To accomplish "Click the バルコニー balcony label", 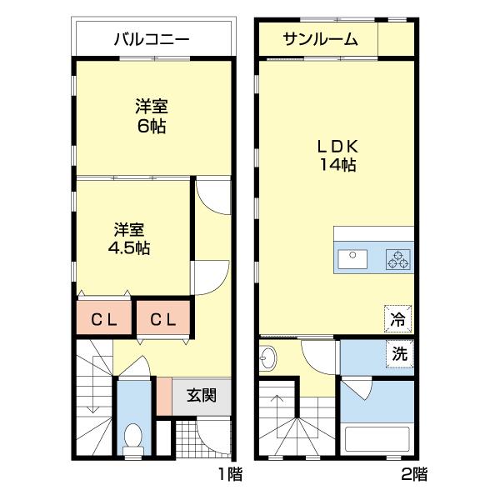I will pyautogui.click(x=152, y=38).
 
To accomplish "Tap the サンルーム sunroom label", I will pyautogui.click(x=320, y=38).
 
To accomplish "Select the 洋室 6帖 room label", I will pyautogui.click(x=152, y=116).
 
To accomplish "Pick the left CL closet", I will pyautogui.click(x=103, y=318).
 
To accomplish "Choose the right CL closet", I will pyautogui.click(x=163, y=318).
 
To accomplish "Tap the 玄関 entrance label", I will pyautogui.click(x=201, y=395).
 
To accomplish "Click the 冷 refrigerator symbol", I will pyautogui.click(x=398, y=318).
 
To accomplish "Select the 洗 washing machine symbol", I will pyautogui.click(x=400, y=353).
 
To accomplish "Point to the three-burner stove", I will pyautogui.click(x=398, y=259).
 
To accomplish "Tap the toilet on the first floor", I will pyautogui.click(x=132, y=436).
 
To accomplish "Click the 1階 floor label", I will pyautogui.click(x=230, y=475).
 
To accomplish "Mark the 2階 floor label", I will pyautogui.click(x=414, y=475).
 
